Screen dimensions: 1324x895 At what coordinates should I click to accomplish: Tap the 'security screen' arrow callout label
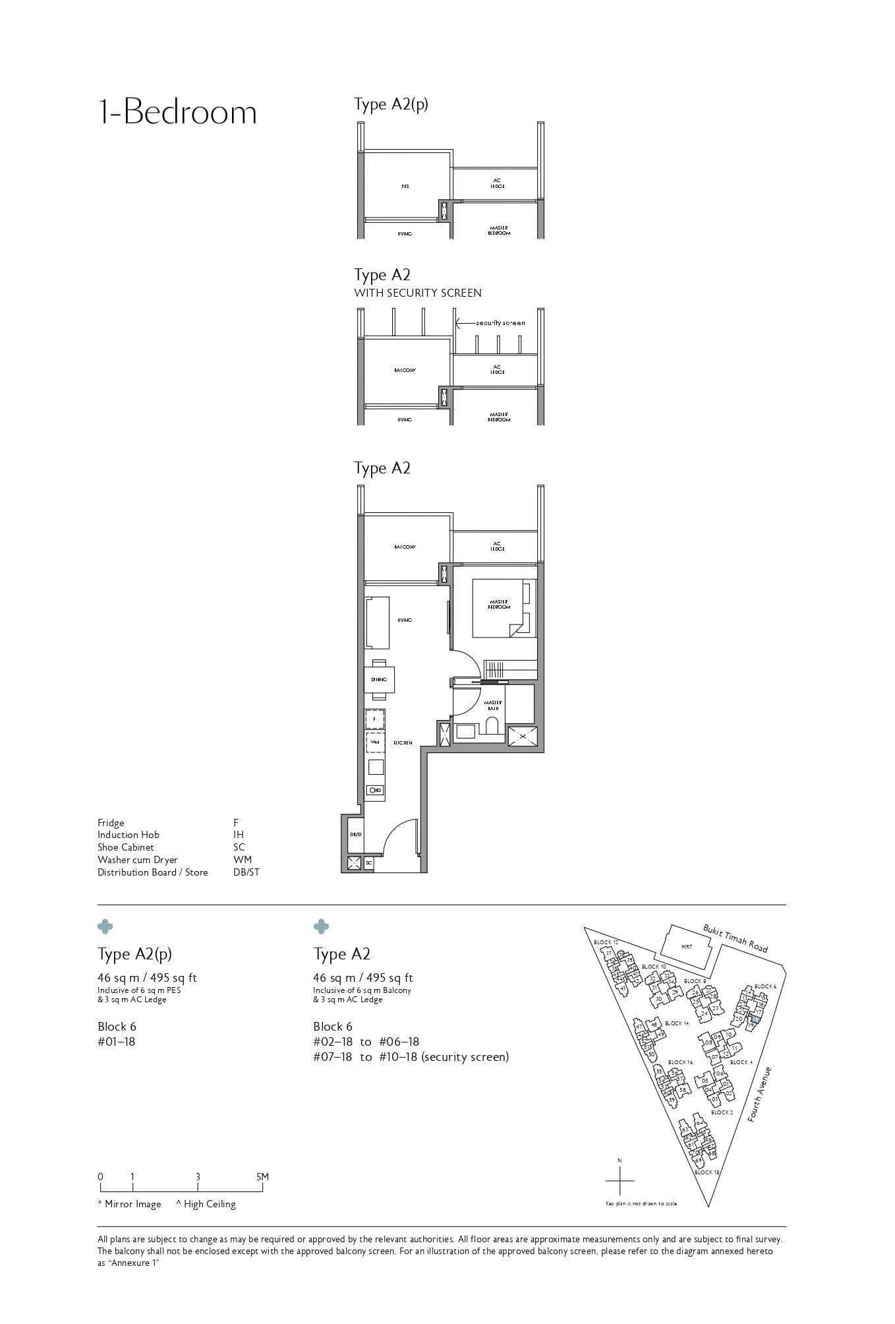click(500, 323)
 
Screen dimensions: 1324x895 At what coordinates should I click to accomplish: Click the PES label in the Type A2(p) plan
click(405, 187)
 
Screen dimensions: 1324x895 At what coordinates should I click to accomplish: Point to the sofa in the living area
click(377, 622)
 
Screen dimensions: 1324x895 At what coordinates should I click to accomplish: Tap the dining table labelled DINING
click(379, 679)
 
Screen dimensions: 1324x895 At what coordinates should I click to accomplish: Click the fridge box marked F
click(374, 719)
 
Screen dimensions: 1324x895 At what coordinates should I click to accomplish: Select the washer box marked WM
click(374, 742)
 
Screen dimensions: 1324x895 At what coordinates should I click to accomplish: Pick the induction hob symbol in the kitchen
click(376, 790)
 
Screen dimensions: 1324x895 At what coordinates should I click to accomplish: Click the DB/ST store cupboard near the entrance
click(355, 834)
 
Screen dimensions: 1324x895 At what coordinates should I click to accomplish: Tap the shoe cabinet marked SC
click(369, 862)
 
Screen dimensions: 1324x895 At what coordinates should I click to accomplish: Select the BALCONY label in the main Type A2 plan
click(405, 547)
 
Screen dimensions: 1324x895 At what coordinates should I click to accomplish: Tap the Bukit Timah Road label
click(735, 938)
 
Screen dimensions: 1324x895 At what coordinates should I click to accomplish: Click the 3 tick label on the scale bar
click(198, 1176)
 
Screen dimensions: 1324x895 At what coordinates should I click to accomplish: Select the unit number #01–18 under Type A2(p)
click(116, 1042)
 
